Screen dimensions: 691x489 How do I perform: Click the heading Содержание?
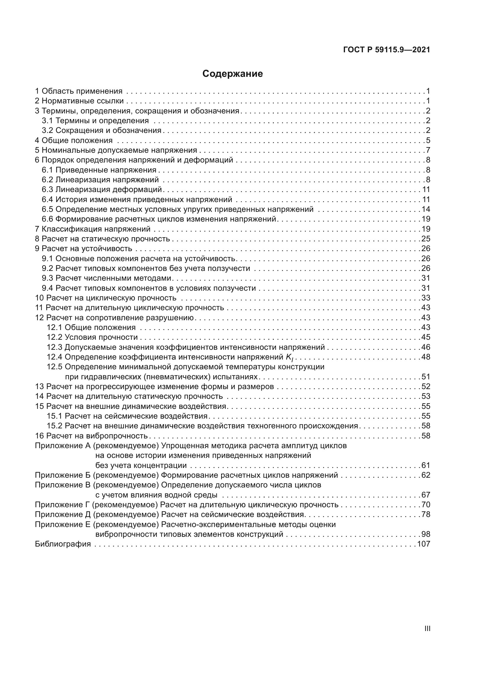(x=232, y=74)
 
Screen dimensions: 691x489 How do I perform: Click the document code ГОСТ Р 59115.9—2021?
(x=387, y=50)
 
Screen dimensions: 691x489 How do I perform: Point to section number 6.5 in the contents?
(x=47, y=209)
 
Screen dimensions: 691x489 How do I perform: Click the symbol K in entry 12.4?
(x=289, y=357)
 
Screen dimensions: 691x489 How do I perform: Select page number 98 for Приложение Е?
(x=426, y=534)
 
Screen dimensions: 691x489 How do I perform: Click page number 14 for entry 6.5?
(x=426, y=209)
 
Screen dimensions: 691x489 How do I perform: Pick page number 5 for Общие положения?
(x=428, y=140)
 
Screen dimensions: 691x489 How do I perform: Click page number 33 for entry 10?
(x=426, y=298)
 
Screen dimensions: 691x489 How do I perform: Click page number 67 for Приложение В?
(x=426, y=495)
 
